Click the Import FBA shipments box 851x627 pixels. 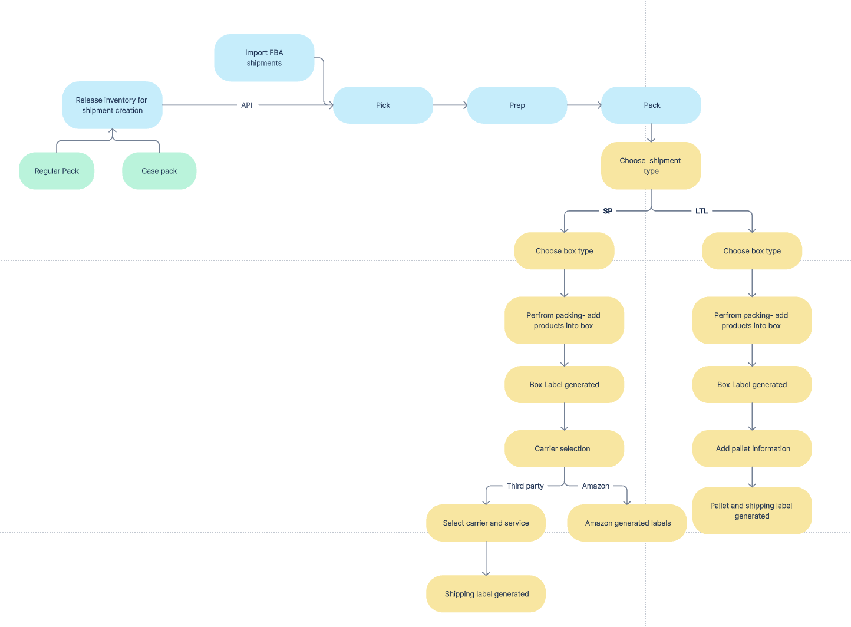(x=264, y=58)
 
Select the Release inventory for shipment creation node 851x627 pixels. (x=112, y=105)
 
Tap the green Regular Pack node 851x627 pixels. (x=57, y=171)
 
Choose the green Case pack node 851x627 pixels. (x=159, y=171)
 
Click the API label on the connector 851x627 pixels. (x=247, y=105)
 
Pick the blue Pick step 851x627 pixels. (x=383, y=105)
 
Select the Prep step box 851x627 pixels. (x=517, y=105)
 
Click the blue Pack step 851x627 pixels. (x=651, y=105)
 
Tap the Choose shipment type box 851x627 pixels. (x=651, y=166)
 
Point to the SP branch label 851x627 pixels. (x=608, y=211)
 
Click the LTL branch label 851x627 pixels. (x=701, y=211)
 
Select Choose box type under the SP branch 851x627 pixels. (x=564, y=251)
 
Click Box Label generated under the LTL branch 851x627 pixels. (x=752, y=385)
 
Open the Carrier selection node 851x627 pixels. (x=564, y=448)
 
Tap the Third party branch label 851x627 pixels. (x=525, y=486)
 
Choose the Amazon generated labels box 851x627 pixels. (x=627, y=523)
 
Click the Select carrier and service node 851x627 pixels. (x=486, y=523)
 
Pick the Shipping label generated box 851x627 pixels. (x=486, y=594)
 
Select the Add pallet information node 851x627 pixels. (x=752, y=448)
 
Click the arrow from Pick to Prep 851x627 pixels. (x=450, y=105)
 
